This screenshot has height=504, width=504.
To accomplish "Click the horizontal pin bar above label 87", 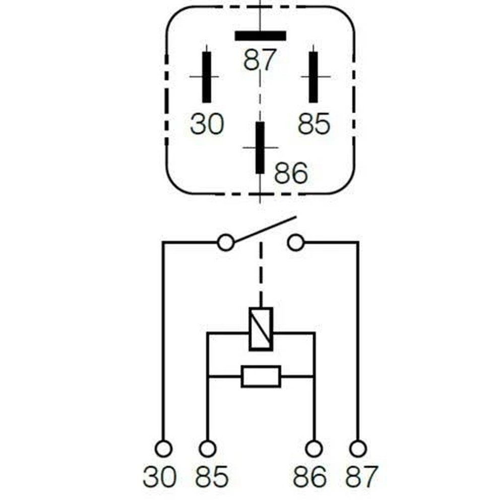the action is coord(261,36).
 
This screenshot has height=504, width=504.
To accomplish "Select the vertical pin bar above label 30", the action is coord(207,77).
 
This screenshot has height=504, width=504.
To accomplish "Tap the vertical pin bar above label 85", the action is coord(313,77).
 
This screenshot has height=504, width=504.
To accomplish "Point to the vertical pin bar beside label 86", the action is coord(260,148).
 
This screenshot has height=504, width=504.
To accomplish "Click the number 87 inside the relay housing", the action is coord(260,60).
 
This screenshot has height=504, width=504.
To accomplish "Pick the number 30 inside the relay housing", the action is coord(207,124).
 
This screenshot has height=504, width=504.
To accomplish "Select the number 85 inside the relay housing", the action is coord(314,124).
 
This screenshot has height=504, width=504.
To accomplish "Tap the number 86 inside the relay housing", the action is coord(291,173).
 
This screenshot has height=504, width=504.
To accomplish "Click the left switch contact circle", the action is coord(226,243).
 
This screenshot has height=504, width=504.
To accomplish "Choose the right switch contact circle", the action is coord(296,243).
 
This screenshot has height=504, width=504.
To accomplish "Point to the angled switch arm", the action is coord(265,229).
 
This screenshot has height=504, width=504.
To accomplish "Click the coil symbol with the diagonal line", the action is coord(261,329).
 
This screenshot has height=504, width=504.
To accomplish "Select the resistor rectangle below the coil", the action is coord(261,376).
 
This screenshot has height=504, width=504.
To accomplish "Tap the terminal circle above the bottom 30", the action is coord(164,449).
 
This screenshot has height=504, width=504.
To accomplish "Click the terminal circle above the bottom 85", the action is coord(208,449).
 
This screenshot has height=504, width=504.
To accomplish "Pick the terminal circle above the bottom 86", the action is coord(313,449).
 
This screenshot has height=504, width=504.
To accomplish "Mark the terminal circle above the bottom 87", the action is coord(358,449).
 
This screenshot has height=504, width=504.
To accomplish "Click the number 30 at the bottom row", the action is coord(160,476).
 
